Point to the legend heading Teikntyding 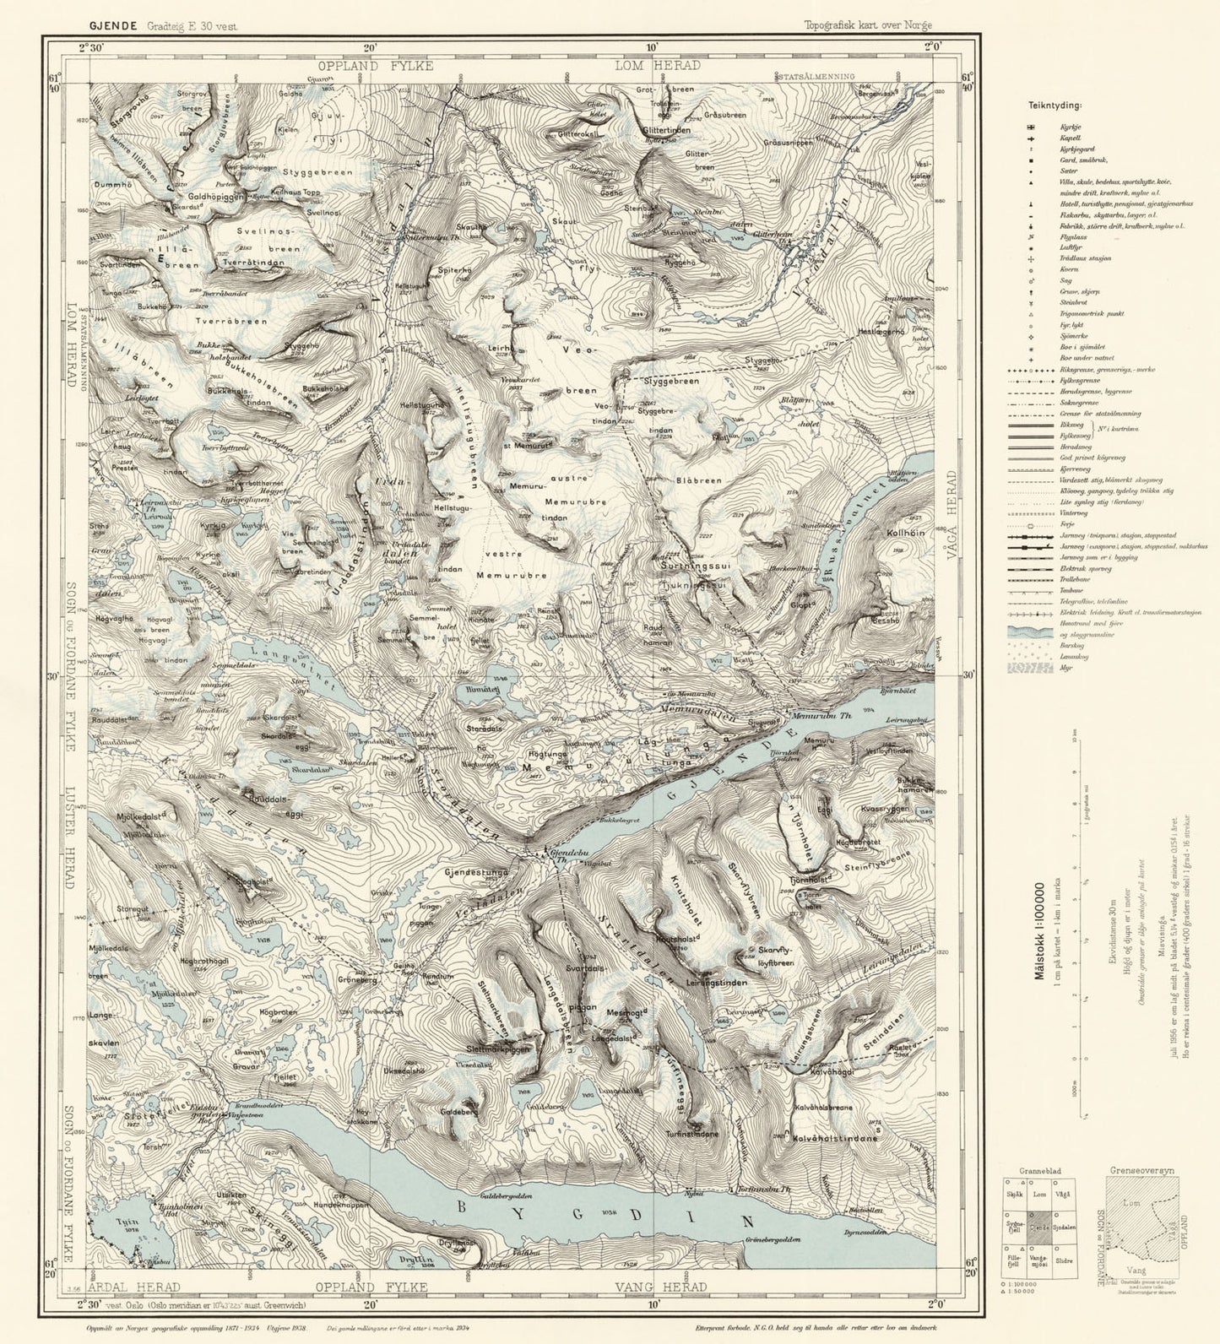point(1055,106)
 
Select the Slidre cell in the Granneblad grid point(1065,1260)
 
